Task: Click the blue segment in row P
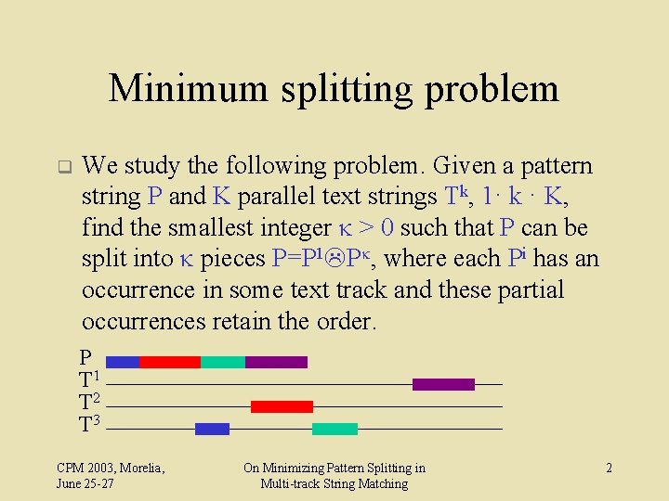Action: [123, 362]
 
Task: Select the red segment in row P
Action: [169, 362]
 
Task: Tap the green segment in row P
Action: [222, 362]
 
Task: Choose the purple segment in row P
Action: [276, 362]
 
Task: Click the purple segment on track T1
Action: [443, 384]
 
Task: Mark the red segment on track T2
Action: [282, 406]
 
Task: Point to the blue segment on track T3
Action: [212, 429]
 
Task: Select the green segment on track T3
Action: [334, 429]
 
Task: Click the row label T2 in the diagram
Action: [89, 403]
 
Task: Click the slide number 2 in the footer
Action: [609, 469]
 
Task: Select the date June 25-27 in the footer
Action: [85, 483]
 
